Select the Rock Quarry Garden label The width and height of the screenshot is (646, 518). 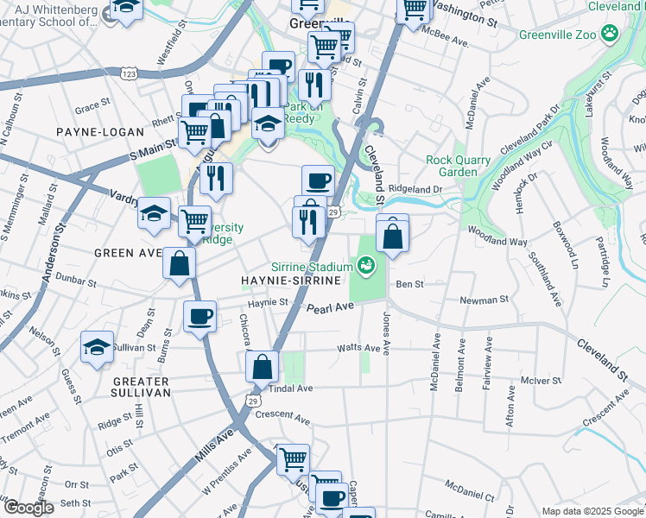(x=458, y=166)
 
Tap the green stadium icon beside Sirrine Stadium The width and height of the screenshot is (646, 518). (x=366, y=265)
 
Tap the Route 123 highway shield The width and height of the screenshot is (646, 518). (x=130, y=75)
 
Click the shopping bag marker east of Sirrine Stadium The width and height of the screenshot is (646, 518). (x=392, y=236)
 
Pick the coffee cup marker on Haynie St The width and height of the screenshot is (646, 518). (x=200, y=317)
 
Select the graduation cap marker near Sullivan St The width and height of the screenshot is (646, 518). (x=97, y=348)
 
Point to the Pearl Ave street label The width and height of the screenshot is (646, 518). (x=331, y=308)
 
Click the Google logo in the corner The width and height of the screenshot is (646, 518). (x=28, y=508)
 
